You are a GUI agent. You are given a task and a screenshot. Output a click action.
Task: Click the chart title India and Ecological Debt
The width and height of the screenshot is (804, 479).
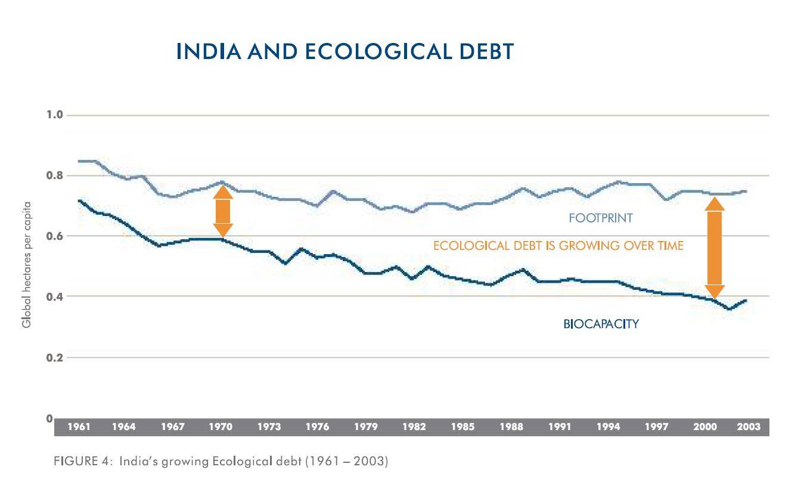[344, 51]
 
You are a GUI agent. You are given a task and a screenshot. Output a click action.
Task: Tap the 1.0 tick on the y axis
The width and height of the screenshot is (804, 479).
[55, 115]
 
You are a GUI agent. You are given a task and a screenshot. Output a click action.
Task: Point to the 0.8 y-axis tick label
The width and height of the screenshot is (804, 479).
[55, 175]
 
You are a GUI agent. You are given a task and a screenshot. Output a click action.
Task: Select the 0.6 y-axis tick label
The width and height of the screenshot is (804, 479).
[55, 236]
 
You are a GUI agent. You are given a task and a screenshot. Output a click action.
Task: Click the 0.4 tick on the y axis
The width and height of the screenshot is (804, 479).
[55, 296]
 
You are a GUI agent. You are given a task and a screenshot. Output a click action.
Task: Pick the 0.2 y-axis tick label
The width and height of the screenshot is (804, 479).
[55, 357]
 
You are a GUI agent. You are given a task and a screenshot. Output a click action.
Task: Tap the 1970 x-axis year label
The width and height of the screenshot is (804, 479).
[221, 427]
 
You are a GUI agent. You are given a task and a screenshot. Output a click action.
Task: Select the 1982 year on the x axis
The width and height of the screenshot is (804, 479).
[414, 427]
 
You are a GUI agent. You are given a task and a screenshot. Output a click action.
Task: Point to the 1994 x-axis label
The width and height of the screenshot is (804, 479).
[609, 427]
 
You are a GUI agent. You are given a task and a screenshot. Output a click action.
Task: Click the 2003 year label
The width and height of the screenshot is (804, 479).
[749, 427]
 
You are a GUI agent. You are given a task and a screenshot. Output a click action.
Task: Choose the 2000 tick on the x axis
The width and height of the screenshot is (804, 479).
[705, 427]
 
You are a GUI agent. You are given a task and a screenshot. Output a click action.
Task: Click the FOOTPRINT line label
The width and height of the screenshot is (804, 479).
[600, 218]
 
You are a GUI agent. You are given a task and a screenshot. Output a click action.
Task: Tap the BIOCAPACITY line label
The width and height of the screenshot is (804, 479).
[601, 325]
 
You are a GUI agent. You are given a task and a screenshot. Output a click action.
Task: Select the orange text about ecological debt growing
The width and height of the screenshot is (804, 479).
[558, 246]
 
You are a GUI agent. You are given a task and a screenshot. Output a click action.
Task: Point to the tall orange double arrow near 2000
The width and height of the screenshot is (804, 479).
[715, 248]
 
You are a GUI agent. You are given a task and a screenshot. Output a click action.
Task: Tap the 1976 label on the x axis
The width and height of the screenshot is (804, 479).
[317, 427]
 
